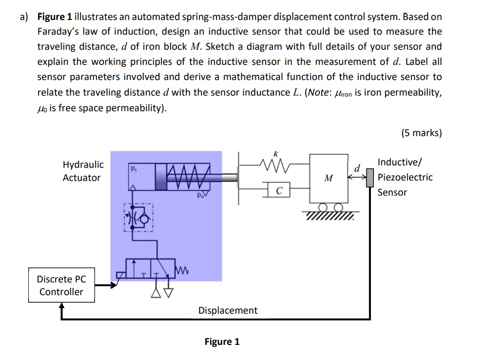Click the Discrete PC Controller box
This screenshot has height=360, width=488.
(x=61, y=285)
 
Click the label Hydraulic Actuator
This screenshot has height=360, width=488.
(x=82, y=171)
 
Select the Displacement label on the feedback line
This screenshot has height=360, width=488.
(x=228, y=310)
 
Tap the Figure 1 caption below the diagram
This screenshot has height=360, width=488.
(x=222, y=341)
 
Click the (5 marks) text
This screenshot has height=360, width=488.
(x=421, y=133)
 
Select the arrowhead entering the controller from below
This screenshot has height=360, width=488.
(x=61, y=306)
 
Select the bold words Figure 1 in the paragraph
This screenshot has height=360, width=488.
(x=55, y=17)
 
